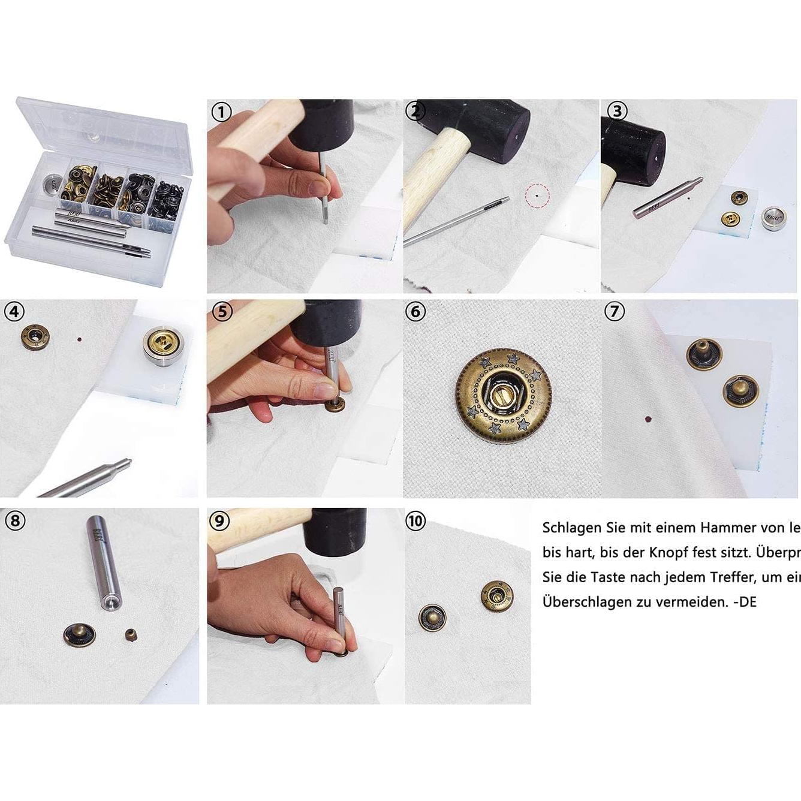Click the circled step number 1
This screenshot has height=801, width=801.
pos(222,112)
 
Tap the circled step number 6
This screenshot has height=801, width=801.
pos(415,311)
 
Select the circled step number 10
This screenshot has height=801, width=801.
pos(415,520)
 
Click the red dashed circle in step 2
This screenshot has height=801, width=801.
pos(537,195)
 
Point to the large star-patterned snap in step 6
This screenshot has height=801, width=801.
pos(504,396)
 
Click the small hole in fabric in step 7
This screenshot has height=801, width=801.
pos(647,419)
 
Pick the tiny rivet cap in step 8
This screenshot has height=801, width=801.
pos(130,634)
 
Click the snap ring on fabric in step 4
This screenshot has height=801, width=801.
pos(35,338)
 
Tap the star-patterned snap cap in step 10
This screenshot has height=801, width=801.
pos(496,595)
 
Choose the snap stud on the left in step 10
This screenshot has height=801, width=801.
pos(432,618)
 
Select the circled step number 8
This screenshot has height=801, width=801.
pos(14,520)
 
